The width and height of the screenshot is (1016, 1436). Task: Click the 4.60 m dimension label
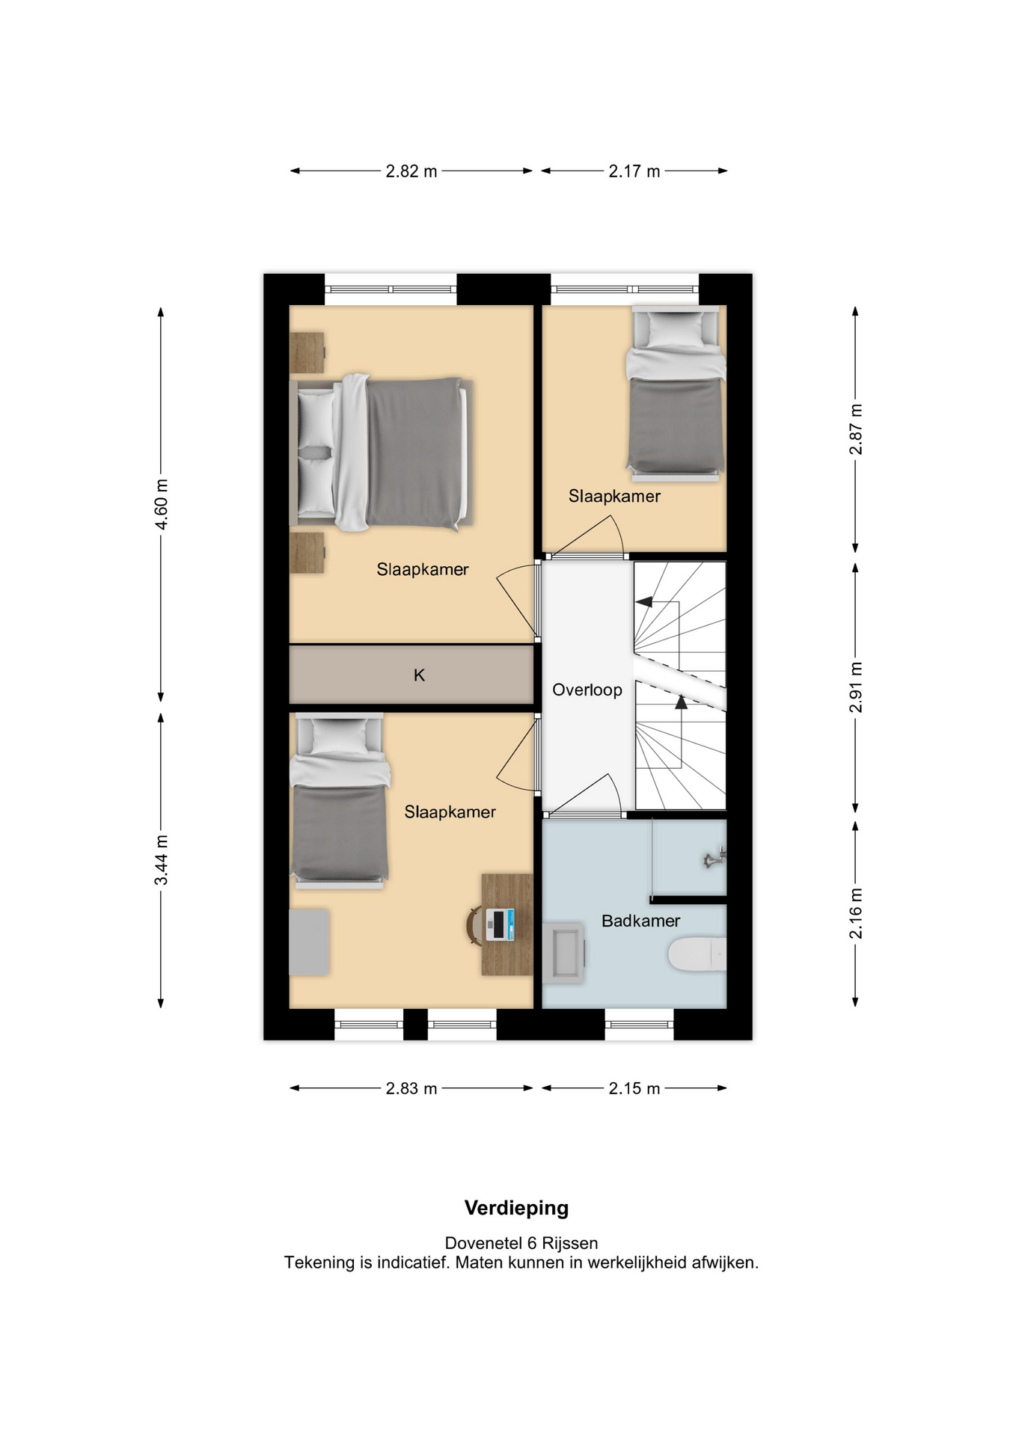pyautogui.click(x=162, y=504)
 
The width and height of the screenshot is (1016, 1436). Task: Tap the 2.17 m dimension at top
pyautogui.click(x=634, y=171)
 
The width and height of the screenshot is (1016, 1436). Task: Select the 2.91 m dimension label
pyautogui.click(x=856, y=687)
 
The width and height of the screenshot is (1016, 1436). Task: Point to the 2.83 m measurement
pyautogui.click(x=411, y=1088)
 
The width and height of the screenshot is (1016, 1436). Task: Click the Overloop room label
pyautogui.click(x=587, y=690)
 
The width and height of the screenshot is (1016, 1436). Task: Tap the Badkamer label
pyautogui.click(x=641, y=921)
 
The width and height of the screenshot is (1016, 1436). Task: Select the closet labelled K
pyautogui.click(x=411, y=675)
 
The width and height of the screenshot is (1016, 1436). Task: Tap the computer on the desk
pyautogui.click(x=500, y=924)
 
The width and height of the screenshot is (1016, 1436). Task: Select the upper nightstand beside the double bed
pyautogui.click(x=307, y=353)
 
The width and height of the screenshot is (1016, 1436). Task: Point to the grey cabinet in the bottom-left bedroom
pyautogui.click(x=309, y=942)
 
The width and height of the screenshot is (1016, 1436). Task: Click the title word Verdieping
pyautogui.click(x=517, y=1208)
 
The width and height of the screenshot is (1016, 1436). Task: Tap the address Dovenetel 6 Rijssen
pyautogui.click(x=521, y=1243)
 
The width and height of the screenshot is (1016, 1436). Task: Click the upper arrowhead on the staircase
pyautogui.click(x=643, y=601)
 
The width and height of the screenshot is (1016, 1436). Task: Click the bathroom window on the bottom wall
pyautogui.click(x=639, y=1025)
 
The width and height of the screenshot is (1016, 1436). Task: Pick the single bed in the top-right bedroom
pyautogui.click(x=676, y=393)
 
